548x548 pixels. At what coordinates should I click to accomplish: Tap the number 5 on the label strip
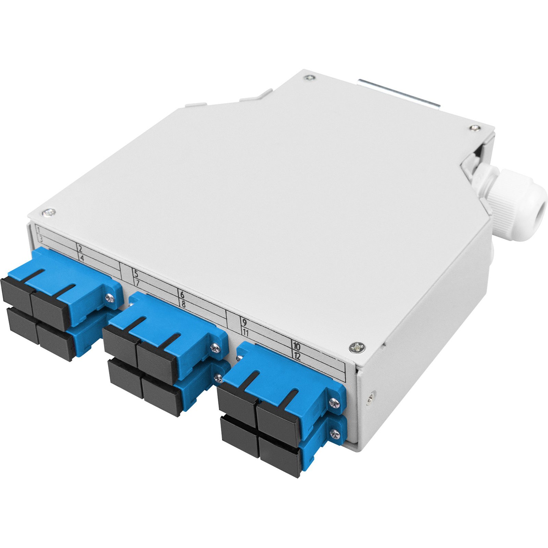[x=136, y=274]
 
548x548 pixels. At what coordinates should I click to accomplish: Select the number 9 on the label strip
[x=244, y=322]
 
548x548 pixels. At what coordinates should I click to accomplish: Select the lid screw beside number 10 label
[x=357, y=348]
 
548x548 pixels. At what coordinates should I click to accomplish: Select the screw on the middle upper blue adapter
[x=215, y=348]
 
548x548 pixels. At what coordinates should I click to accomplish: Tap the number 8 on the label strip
[x=183, y=303]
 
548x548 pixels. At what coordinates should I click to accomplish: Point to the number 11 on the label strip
[x=245, y=332]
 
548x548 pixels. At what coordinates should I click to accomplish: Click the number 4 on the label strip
[x=82, y=258]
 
